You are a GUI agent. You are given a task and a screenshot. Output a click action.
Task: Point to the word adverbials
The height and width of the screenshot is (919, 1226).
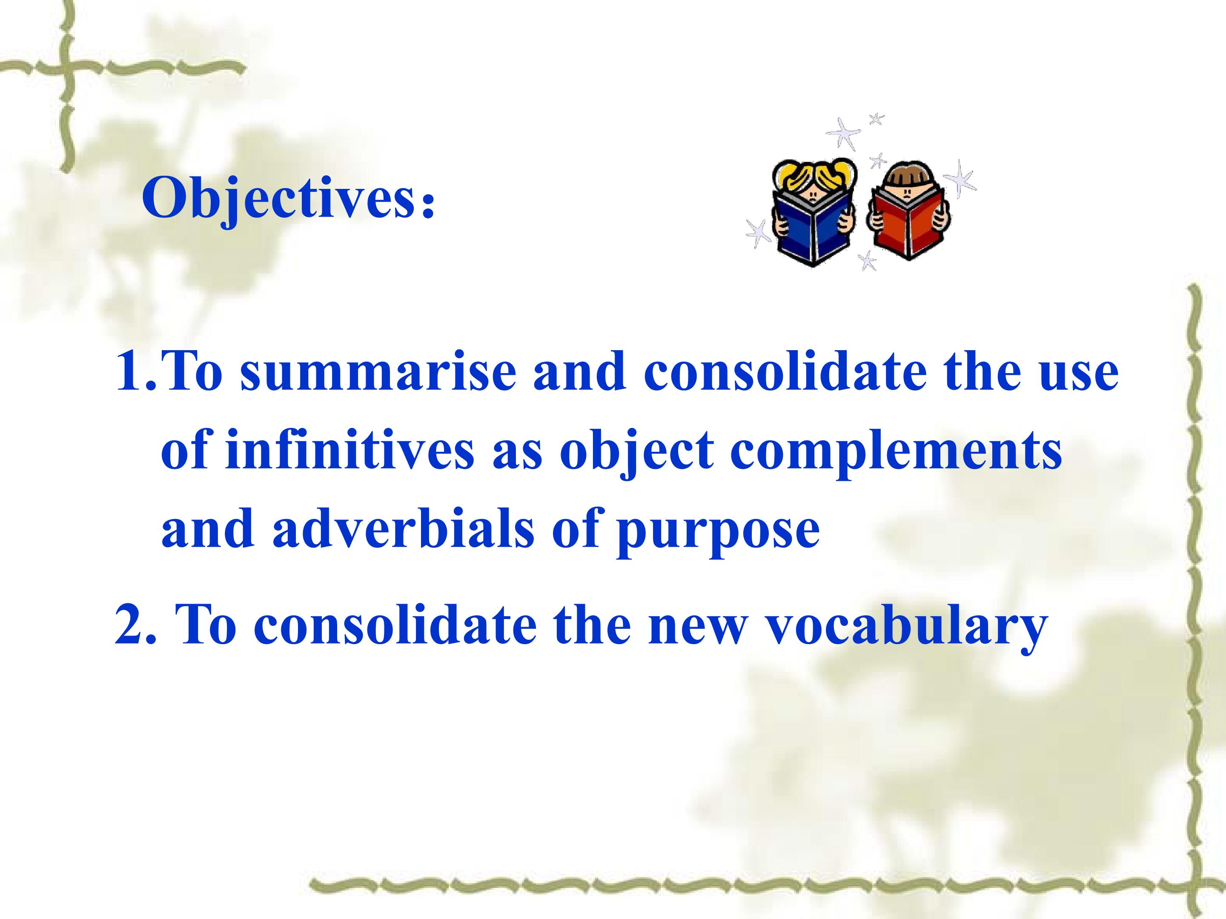pyautogui.click(x=404, y=528)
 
